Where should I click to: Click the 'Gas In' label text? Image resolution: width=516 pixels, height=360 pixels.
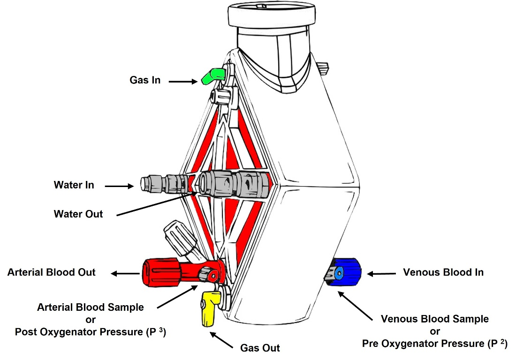(x=145, y=80)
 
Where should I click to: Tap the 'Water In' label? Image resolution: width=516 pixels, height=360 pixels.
(x=74, y=185)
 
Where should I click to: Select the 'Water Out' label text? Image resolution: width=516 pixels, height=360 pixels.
(x=78, y=214)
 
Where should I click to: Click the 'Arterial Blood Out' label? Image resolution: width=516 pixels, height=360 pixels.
(x=52, y=272)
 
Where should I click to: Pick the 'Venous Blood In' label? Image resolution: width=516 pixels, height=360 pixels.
(x=443, y=272)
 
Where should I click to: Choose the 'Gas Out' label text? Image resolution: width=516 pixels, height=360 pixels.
(x=260, y=348)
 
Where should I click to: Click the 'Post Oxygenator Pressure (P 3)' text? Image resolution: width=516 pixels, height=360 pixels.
(x=91, y=332)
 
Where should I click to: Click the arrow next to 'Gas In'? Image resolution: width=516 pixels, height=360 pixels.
(x=183, y=82)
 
